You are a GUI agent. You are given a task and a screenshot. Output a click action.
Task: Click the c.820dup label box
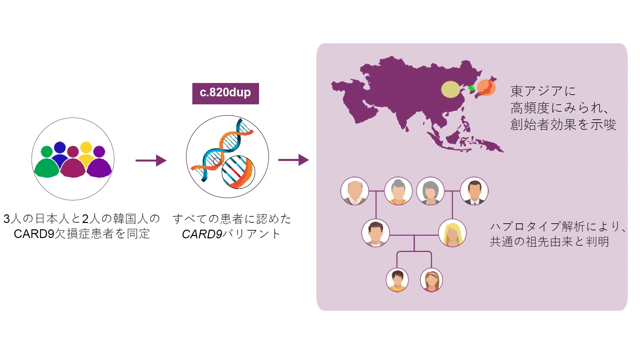point(225,93)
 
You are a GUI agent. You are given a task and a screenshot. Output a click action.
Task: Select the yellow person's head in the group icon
point(86,147)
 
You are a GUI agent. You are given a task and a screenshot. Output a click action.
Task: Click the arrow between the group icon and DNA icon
point(151,160)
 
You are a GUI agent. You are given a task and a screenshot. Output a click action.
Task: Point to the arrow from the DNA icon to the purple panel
point(294,160)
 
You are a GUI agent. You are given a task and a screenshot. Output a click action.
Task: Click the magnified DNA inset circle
point(238,172)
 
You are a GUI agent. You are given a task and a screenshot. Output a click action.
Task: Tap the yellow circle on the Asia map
point(451,89)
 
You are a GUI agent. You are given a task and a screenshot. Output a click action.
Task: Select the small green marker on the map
point(471,88)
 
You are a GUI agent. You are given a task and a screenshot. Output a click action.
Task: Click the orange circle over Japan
point(486,87)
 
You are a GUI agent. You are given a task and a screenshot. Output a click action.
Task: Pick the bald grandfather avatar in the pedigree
point(355,191)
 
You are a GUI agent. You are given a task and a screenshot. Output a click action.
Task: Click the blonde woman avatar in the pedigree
point(452,233)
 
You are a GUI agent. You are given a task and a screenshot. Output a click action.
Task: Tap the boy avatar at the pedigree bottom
point(397,280)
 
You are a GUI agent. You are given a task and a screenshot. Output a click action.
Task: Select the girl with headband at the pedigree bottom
point(432,280)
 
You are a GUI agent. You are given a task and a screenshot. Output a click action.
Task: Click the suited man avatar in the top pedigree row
point(474,191)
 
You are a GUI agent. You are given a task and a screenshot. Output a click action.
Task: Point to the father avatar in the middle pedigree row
point(376,233)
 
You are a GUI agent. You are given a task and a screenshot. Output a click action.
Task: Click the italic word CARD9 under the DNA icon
point(202,234)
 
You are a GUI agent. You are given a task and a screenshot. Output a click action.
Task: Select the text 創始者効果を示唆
point(563,124)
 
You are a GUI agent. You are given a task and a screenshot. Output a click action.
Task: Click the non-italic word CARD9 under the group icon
point(34,234)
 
